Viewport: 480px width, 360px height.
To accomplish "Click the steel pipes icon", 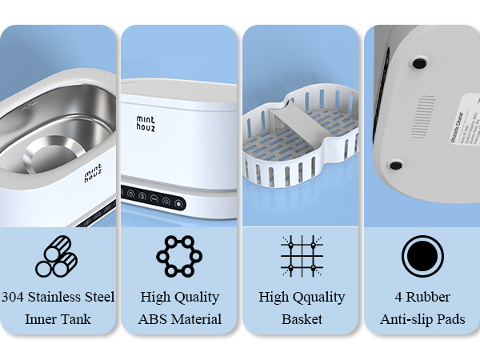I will click(56, 258).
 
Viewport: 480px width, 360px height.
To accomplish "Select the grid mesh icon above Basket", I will click(302, 257).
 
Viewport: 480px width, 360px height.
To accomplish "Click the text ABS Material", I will click(179, 320).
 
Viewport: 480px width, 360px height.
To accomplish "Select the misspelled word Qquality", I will click(316, 298).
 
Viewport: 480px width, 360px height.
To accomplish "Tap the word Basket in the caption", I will click(302, 320).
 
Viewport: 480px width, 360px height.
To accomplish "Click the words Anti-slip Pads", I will click(422, 320).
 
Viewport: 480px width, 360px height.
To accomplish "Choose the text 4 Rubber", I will click(422, 298).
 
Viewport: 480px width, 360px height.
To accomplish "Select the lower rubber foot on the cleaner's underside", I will click(395, 166).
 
